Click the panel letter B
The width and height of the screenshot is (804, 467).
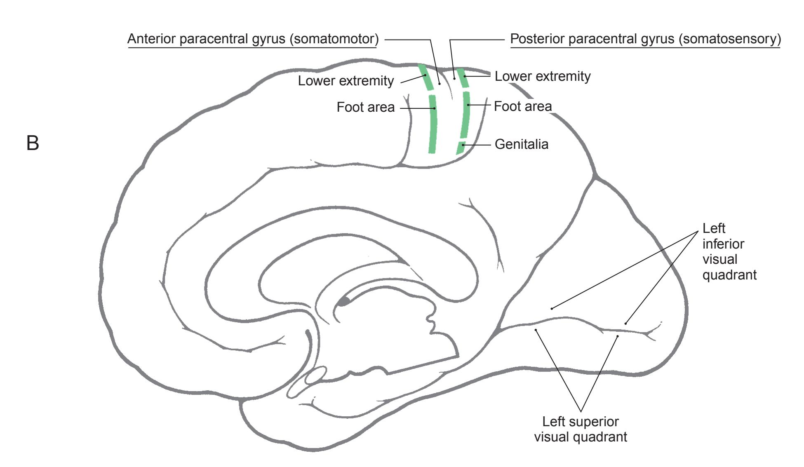click(33, 143)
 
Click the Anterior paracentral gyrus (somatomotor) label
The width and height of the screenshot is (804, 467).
click(253, 39)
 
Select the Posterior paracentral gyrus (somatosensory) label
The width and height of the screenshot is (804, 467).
click(645, 39)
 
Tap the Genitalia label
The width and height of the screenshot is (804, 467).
click(521, 144)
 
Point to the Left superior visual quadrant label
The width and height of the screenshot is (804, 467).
click(581, 429)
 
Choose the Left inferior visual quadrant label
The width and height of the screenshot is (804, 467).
click(729, 251)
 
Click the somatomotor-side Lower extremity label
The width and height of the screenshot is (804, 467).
click(346, 81)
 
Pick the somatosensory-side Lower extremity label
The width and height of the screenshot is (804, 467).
click(542, 76)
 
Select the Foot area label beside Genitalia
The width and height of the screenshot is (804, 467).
click(522, 106)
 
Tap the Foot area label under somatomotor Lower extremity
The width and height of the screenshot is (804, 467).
click(365, 107)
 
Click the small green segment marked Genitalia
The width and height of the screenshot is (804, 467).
click(460, 148)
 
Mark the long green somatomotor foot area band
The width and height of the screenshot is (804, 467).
click(433, 124)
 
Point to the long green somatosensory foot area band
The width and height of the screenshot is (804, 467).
click(465, 115)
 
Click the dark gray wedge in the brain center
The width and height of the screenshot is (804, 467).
click(343, 302)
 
